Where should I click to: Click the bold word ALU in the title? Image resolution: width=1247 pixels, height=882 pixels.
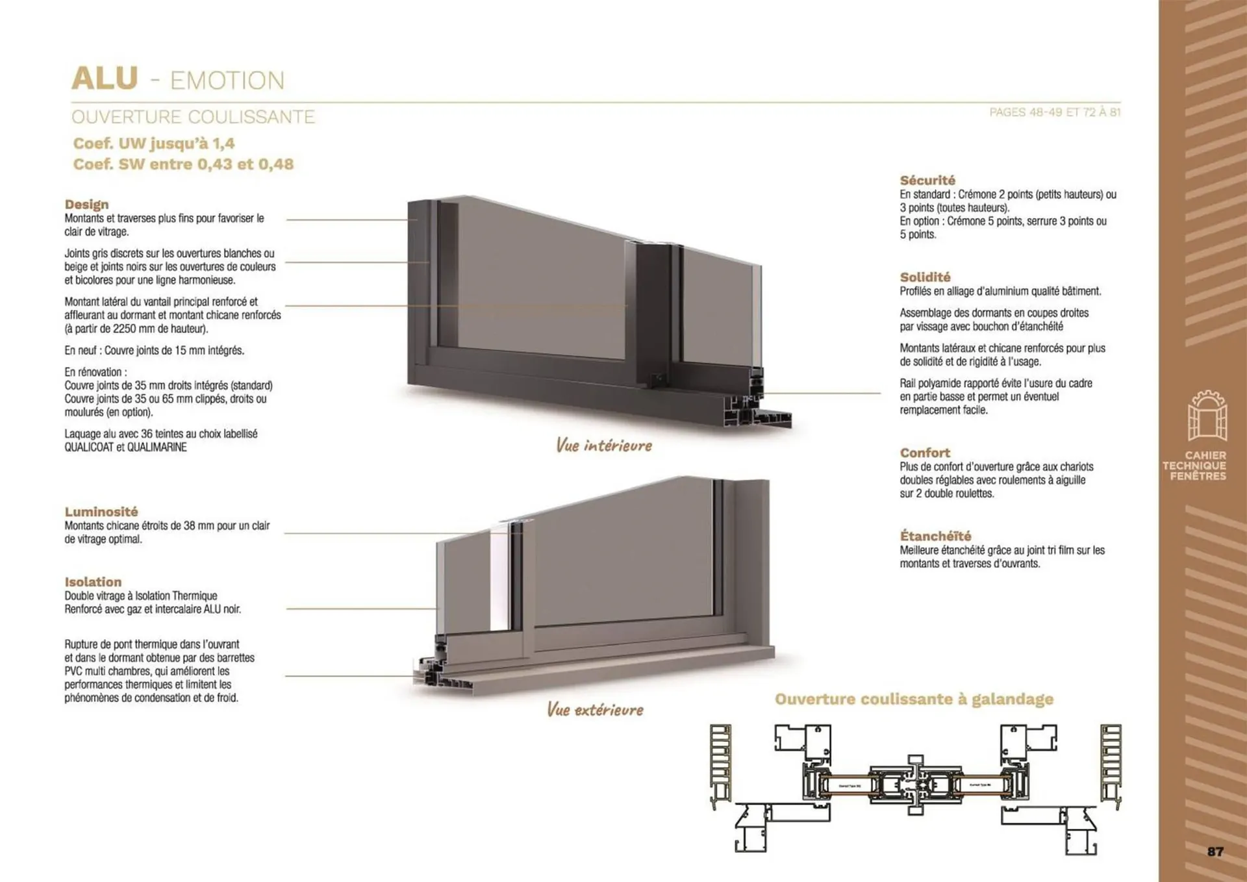105,79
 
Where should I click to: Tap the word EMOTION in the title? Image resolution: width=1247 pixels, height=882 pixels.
227,81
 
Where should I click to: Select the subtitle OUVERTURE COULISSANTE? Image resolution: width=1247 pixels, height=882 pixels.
193,117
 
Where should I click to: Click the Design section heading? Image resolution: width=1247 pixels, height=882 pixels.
86,205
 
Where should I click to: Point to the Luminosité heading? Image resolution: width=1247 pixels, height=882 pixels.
101,512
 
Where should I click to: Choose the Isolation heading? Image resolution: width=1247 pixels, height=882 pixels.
93,582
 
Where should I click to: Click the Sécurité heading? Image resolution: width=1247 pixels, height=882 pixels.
927,181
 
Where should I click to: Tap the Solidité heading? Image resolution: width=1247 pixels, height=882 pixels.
925,277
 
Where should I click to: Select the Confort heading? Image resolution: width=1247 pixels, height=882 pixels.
924,453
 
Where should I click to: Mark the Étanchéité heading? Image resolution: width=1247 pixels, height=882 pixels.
935,536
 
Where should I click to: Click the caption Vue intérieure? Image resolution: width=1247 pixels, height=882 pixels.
603,446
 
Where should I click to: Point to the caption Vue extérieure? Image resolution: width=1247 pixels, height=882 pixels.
595,709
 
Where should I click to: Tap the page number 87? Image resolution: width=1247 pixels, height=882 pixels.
1215,851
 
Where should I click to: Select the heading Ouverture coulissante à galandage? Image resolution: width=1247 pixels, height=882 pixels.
914,699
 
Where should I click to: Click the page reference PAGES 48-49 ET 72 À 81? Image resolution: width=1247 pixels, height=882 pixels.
1055,112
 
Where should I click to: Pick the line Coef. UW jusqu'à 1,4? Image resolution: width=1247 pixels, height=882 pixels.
153,144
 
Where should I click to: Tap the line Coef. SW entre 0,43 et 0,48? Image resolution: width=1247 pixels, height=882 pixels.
183,164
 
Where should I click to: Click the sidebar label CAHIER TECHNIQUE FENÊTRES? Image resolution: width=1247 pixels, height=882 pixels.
1195,466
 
